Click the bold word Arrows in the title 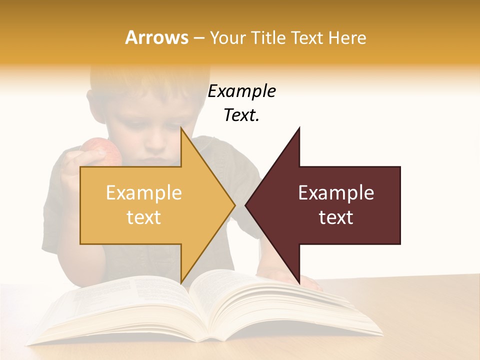(156, 37)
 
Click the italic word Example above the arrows (241, 91)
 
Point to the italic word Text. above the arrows (241, 115)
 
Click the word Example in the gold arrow (143, 192)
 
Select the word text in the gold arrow (143, 217)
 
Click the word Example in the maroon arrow (336, 192)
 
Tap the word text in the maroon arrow (336, 217)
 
